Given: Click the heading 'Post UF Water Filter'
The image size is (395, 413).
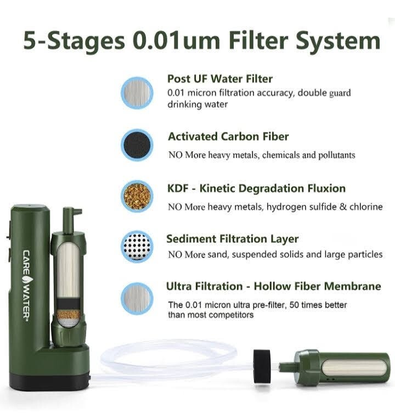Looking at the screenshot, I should point(220,79).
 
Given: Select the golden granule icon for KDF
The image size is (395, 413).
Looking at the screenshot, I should point(137,194).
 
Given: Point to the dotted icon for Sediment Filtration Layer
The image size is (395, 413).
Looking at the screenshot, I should point(137,245).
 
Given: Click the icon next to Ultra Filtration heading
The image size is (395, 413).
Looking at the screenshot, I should point(137,297).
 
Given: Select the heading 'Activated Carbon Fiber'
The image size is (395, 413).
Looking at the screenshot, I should point(228,136).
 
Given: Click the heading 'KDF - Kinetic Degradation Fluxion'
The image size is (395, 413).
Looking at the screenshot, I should point(256,188).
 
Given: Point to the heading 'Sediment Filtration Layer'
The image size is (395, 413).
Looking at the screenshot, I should point(233,239).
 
